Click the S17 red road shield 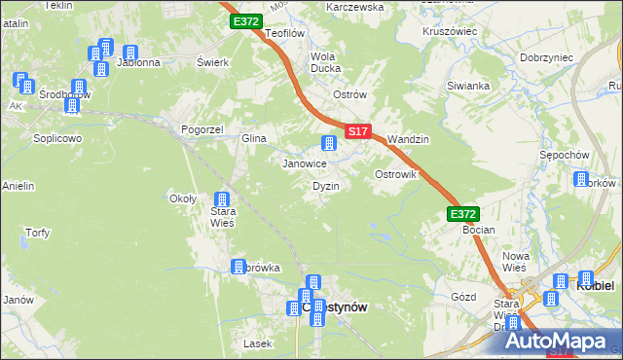click(357, 130)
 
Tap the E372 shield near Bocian click(464, 213)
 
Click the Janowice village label click(304, 163)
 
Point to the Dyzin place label click(325, 185)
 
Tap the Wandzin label click(408, 139)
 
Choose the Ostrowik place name click(396, 174)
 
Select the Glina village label click(254, 139)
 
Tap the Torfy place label click(37, 233)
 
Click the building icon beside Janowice click(329, 144)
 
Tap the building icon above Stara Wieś click(222, 200)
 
